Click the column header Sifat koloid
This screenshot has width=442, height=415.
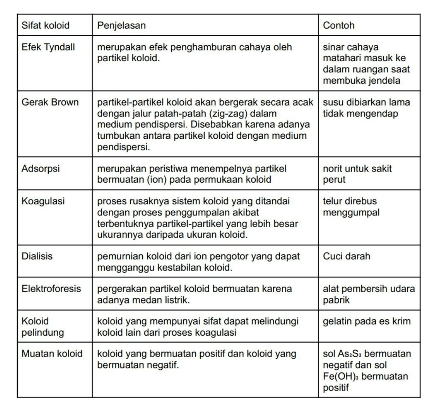[x=45, y=25]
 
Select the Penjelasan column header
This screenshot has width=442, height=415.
[x=121, y=25]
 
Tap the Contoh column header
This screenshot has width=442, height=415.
[x=339, y=25]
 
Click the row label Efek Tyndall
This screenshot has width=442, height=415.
[x=48, y=47]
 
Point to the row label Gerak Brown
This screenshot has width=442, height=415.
[x=50, y=102]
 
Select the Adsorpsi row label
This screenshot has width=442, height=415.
[x=41, y=168]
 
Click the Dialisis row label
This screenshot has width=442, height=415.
[x=37, y=256]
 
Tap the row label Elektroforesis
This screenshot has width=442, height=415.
[x=51, y=289]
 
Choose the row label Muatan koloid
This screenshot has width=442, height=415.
[x=52, y=354]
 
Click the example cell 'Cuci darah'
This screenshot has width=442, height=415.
[x=347, y=256]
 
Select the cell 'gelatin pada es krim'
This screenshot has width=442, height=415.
[x=367, y=321]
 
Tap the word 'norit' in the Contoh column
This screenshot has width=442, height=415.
[x=333, y=168]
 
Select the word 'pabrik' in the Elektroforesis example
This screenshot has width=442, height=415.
[x=336, y=300]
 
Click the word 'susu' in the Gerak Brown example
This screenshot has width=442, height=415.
[x=333, y=102]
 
